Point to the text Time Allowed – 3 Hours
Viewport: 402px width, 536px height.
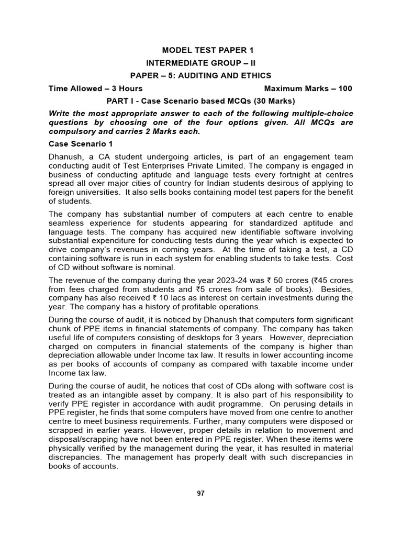(x=95, y=88)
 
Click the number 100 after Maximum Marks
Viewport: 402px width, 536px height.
(x=345, y=88)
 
